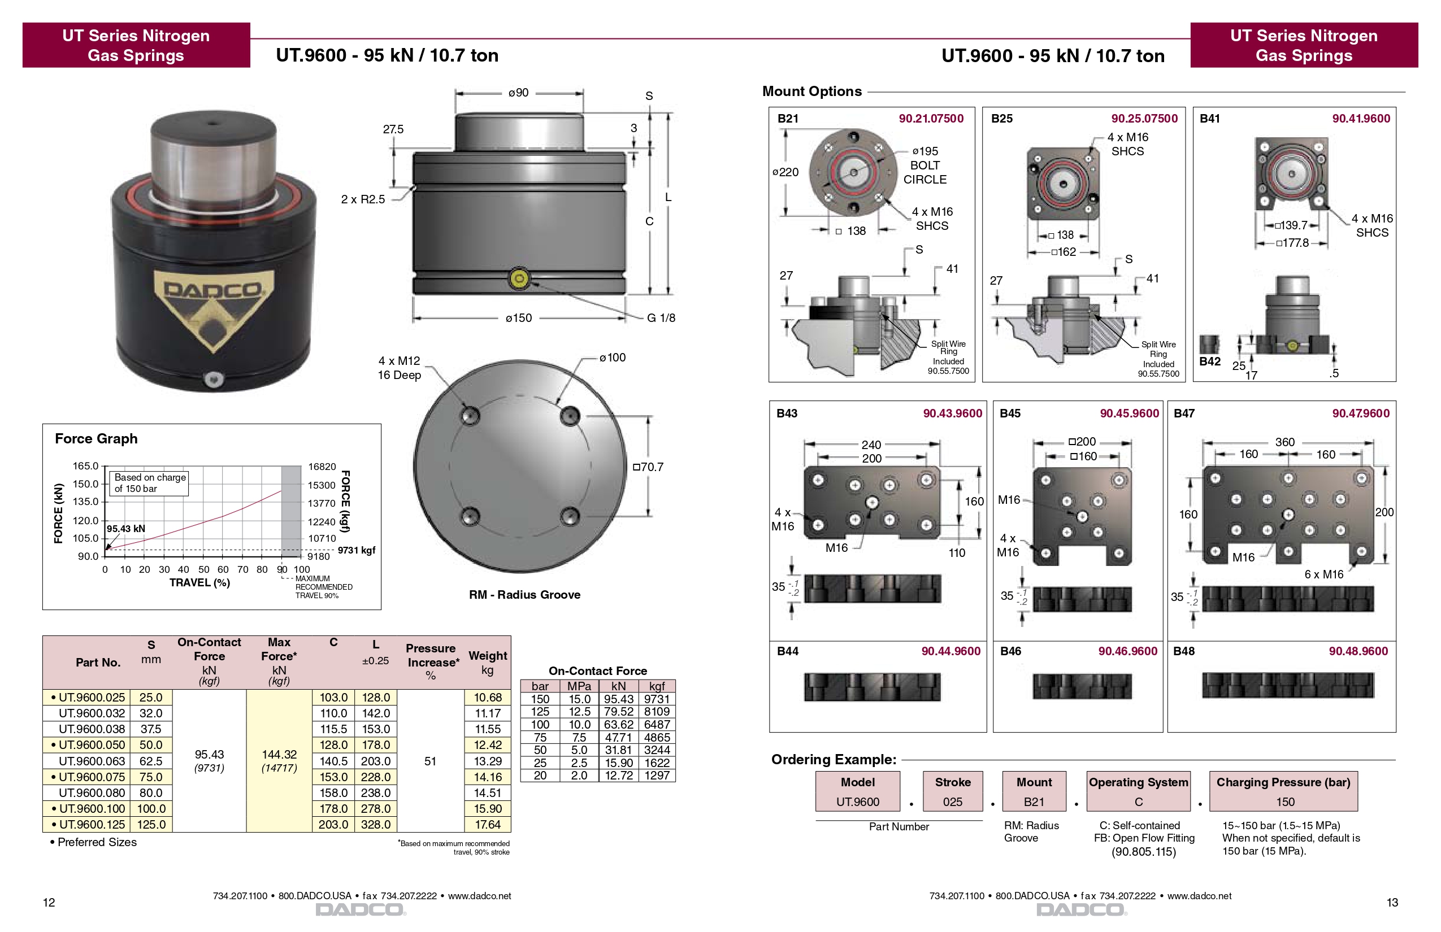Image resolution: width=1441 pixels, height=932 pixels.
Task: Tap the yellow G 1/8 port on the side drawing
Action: [519, 278]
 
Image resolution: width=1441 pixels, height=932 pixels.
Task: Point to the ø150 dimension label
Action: [519, 317]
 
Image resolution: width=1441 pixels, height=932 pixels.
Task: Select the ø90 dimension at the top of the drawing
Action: [519, 93]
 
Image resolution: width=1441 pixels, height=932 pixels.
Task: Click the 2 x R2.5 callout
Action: [363, 199]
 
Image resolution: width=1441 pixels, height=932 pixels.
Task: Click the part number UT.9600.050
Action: [92, 745]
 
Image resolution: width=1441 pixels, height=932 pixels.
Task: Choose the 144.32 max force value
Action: [279, 754]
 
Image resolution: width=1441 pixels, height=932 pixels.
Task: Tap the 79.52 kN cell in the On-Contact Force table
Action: [618, 712]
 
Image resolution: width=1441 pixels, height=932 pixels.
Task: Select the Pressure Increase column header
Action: [432, 661]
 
